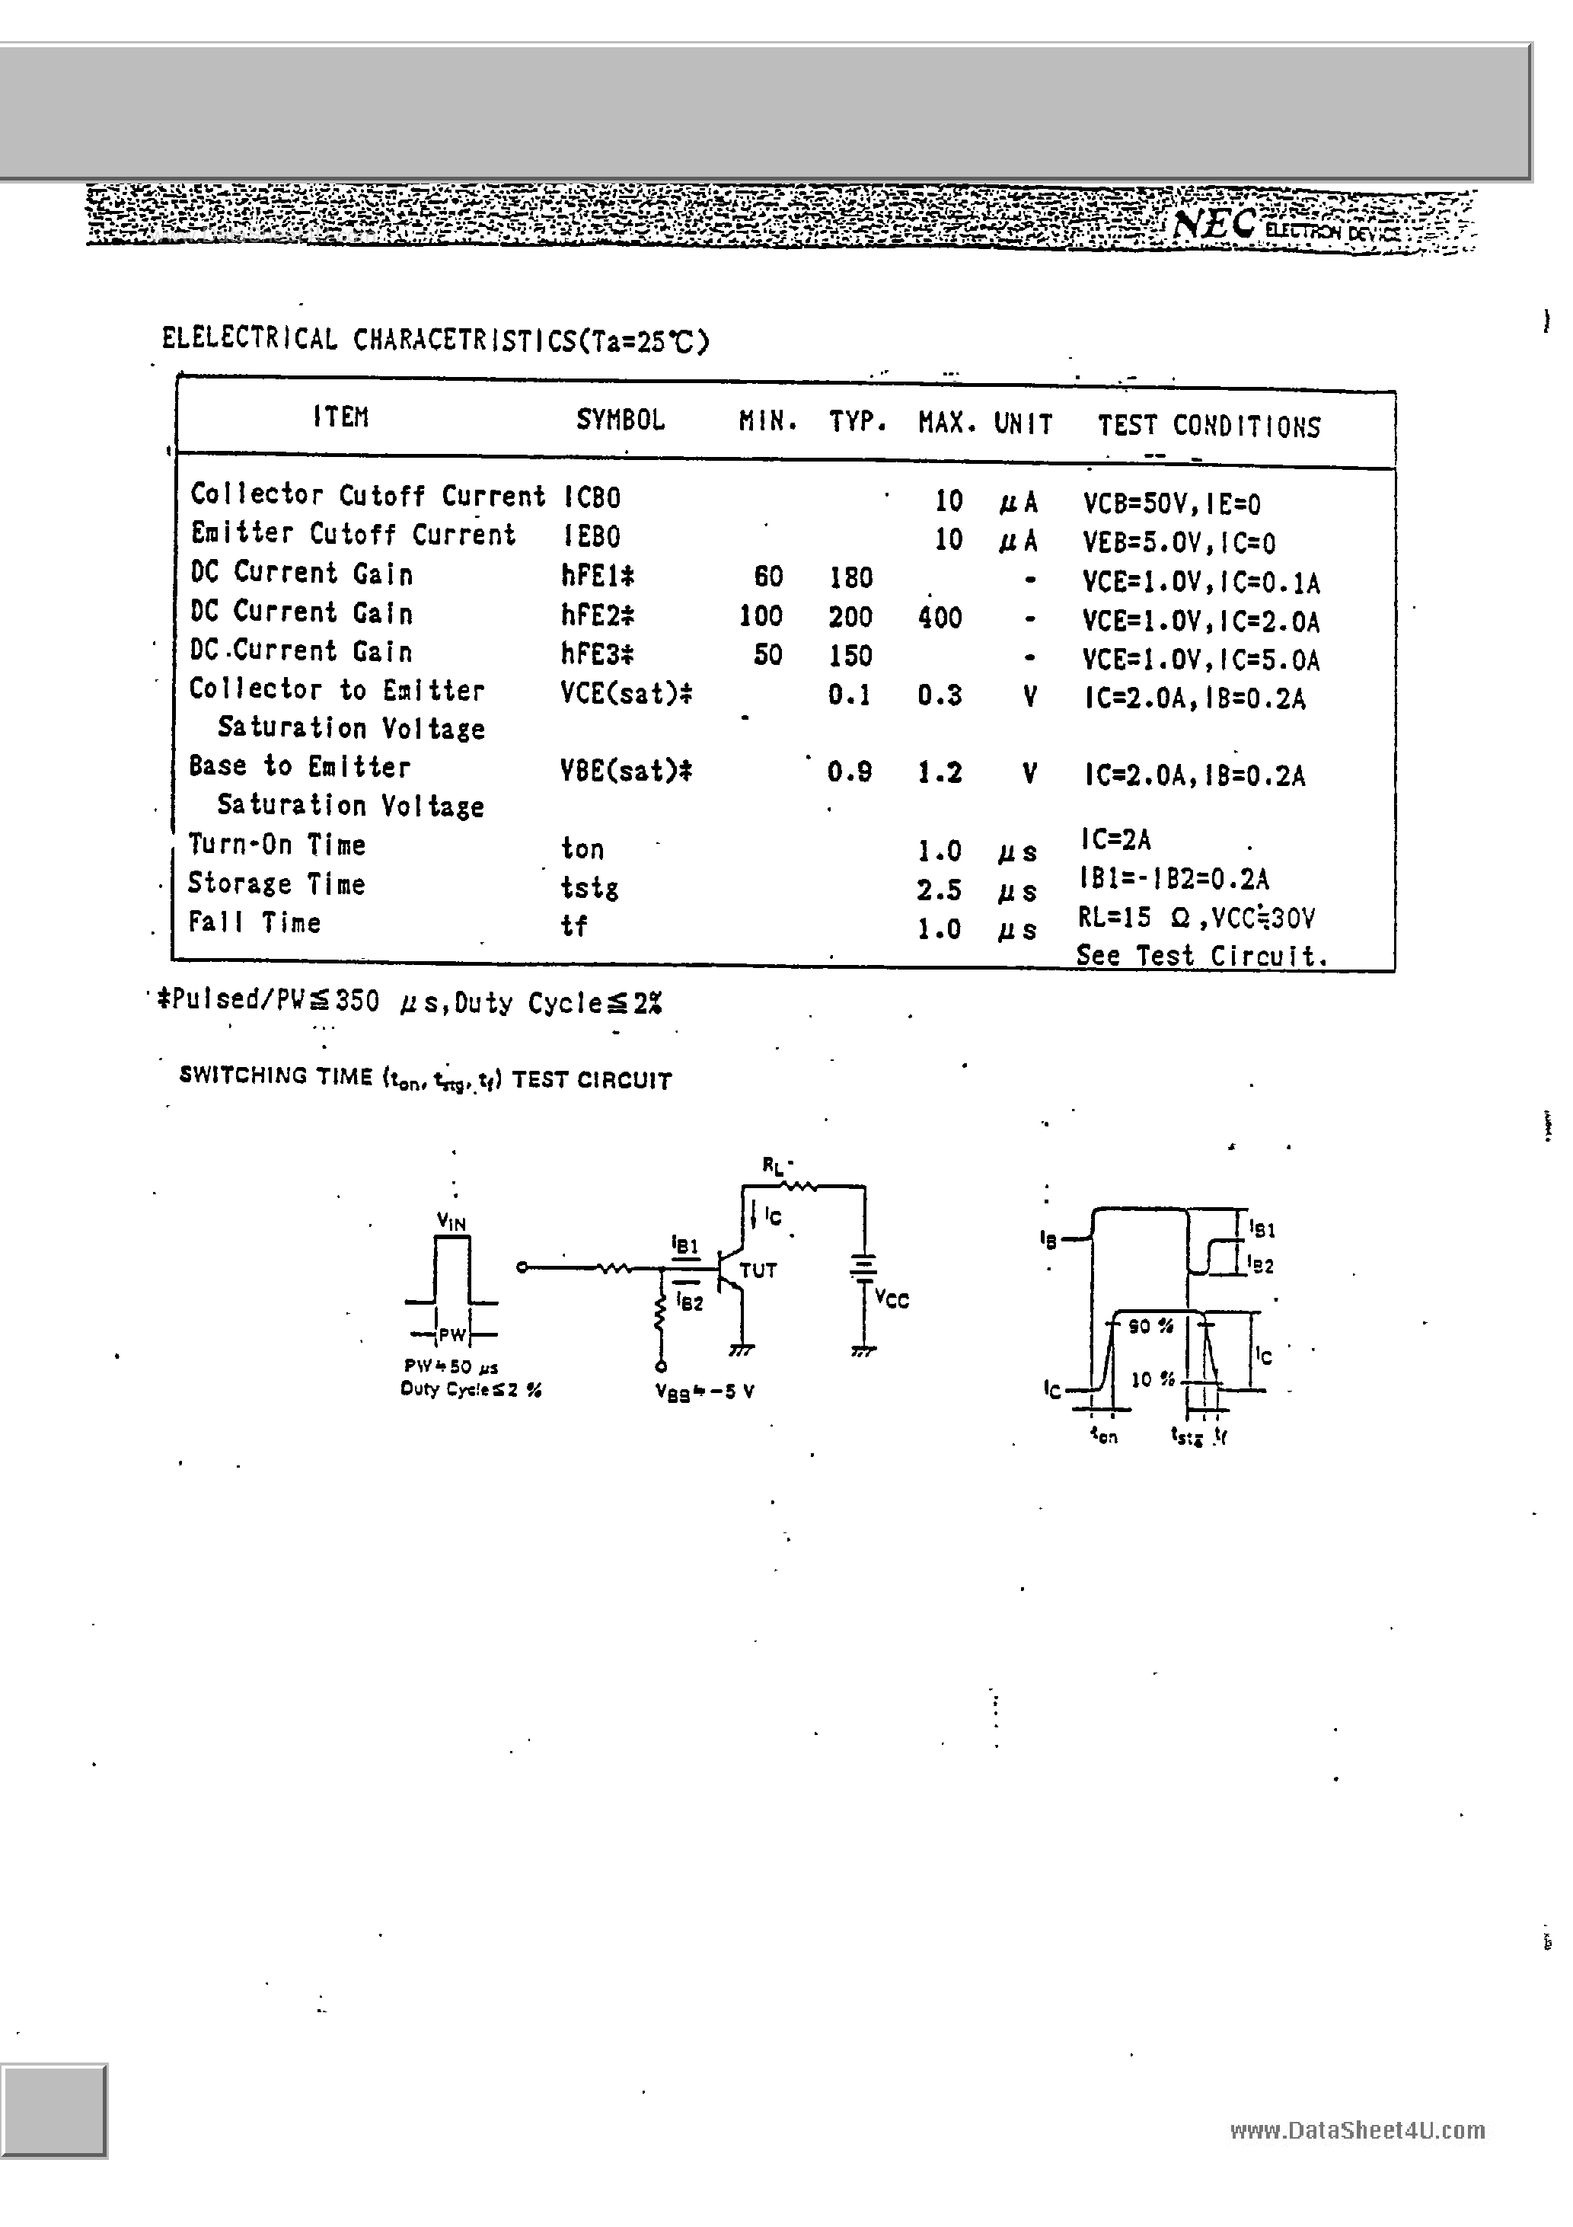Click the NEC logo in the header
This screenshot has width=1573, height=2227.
[x=1214, y=224]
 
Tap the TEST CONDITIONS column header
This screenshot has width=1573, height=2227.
[x=1208, y=426]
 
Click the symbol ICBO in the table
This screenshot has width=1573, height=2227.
[x=592, y=497]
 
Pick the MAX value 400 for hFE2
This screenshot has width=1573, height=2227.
[x=940, y=618]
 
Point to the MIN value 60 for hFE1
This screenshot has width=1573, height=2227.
[x=768, y=578]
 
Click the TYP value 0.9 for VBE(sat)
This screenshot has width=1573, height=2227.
[x=850, y=772]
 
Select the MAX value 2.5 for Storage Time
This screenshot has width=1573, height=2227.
[x=939, y=890]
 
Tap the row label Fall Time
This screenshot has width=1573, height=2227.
[x=254, y=922]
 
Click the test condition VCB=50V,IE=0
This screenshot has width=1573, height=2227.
[x=1172, y=504]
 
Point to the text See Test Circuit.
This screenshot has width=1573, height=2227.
[x=1201, y=957]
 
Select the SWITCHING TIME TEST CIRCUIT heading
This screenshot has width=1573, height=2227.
[x=426, y=1078]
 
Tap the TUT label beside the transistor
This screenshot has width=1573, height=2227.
[x=758, y=1270]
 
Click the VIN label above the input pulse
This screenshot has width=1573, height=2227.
[x=451, y=1222]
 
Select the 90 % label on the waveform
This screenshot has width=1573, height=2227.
[x=1150, y=1326]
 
